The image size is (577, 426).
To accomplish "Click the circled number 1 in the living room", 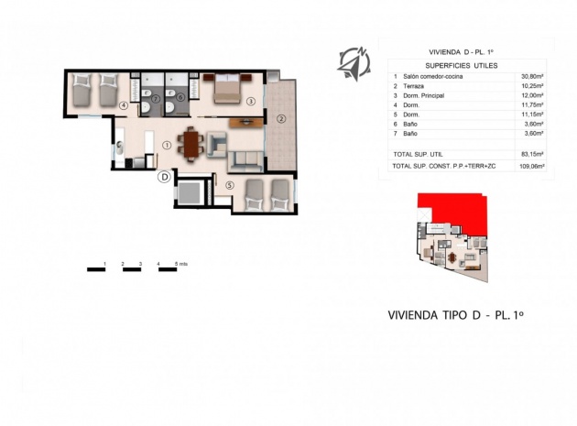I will point(167,145).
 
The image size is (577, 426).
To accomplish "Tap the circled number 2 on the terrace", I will point(281,117).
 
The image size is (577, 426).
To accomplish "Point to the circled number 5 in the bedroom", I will point(230,186).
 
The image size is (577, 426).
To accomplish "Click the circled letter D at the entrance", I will point(164,176).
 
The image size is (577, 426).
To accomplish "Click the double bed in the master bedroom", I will point(227,88).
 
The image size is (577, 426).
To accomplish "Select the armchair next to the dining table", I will point(217,143).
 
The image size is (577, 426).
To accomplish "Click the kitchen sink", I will point(120,147).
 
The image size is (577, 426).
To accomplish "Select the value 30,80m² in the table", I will point(531,76).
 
